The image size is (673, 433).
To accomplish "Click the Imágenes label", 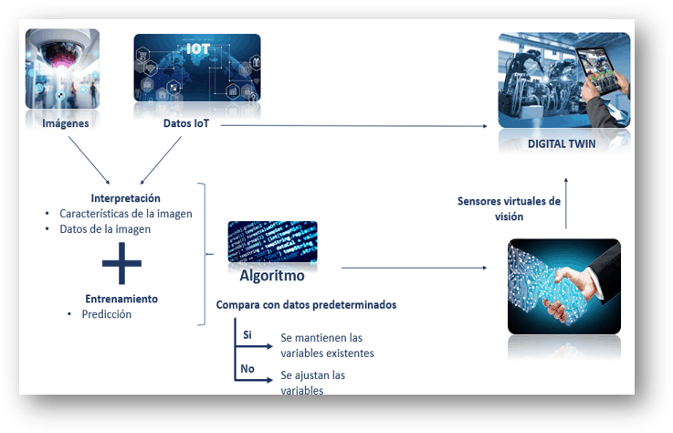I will (65, 123).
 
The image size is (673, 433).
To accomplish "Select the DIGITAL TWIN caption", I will (563, 143).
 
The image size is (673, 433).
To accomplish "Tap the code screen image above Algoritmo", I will (272, 241).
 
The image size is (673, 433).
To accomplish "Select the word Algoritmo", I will (271, 274).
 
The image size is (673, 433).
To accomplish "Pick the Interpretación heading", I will (126, 198).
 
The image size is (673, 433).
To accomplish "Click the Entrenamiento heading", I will (121, 299).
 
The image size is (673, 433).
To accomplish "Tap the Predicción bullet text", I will (109, 314).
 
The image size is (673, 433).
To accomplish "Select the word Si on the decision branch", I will (247, 335).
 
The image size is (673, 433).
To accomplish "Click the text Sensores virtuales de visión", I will (509, 208).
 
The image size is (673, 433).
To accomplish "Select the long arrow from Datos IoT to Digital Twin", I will (356, 126).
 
